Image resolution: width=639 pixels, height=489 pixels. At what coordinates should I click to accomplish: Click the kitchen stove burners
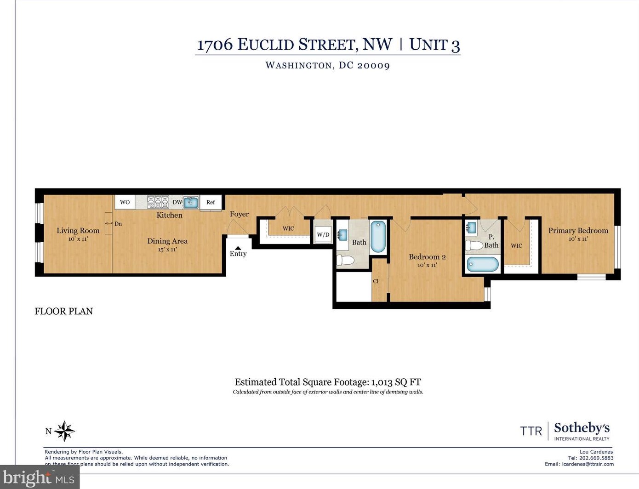pyautogui.click(x=158, y=202)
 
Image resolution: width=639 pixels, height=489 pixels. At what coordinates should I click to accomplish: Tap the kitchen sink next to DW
pyautogui.click(x=191, y=202)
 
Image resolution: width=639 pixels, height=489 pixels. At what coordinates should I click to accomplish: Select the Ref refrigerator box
pyautogui.click(x=211, y=202)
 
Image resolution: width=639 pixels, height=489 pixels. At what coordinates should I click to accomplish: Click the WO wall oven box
pyautogui.click(x=125, y=202)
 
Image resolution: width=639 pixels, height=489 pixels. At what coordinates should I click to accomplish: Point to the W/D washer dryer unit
pyautogui.click(x=323, y=235)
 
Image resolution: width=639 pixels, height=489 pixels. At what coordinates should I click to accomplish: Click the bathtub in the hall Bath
pyautogui.click(x=378, y=237)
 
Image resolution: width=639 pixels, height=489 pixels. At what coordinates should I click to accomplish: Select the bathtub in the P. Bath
pyautogui.click(x=483, y=264)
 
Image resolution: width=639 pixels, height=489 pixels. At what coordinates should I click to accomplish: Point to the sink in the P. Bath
pyautogui.click(x=471, y=227)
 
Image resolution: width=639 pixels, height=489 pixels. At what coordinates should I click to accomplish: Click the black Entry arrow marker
pyautogui.click(x=238, y=248)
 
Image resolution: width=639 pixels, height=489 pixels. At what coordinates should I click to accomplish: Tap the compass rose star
pyautogui.click(x=64, y=431)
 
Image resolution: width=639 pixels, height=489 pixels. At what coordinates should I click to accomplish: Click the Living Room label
pyautogui.click(x=78, y=231)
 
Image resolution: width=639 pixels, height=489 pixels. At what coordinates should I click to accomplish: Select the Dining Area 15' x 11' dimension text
pyautogui.click(x=167, y=250)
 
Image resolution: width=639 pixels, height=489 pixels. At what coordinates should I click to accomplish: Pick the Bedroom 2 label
pyautogui.click(x=427, y=257)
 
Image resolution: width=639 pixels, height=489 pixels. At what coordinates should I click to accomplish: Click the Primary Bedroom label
pyautogui.click(x=578, y=231)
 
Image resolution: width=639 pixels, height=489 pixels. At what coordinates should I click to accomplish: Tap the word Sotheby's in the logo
pyautogui.click(x=582, y=428)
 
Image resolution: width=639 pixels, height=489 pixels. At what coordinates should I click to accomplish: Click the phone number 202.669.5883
pyautogui.click(x=596, y=458)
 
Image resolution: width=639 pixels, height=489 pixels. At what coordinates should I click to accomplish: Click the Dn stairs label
pyautogui.click(x=118, y=224)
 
